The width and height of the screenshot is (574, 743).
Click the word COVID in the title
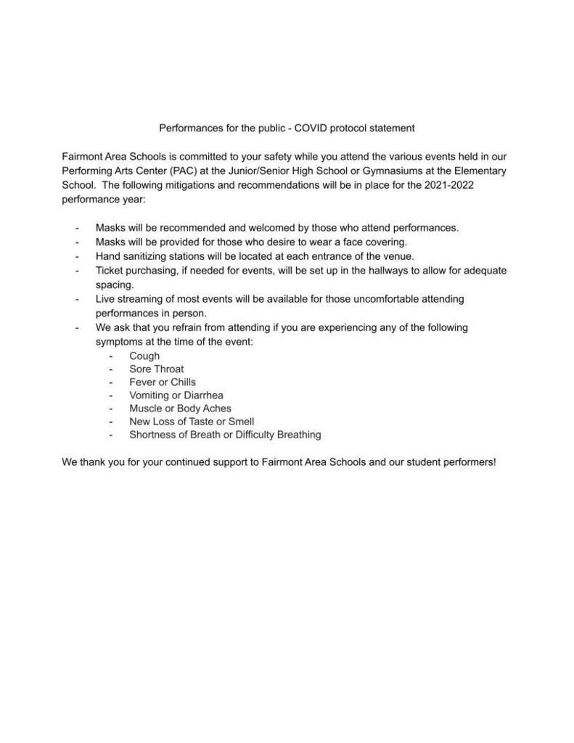[x=313, y=128]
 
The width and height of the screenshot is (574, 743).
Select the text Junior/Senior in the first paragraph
[x=263, y=171]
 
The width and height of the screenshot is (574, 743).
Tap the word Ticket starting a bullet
[x=110, y=271]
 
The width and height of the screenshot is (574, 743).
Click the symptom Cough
[x=144, y=356]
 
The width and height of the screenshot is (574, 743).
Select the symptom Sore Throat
[x=156, y=369]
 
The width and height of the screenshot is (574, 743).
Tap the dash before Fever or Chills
[x=111, y=382]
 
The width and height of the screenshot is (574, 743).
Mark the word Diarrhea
[x=202, y=395]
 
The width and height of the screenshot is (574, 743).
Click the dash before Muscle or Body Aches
[x=111, y=409]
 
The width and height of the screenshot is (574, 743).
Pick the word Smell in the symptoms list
[x=241, y=422]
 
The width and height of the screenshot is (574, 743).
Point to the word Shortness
[x=152, y=435]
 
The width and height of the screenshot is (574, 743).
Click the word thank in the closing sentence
[x=94, y=461]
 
